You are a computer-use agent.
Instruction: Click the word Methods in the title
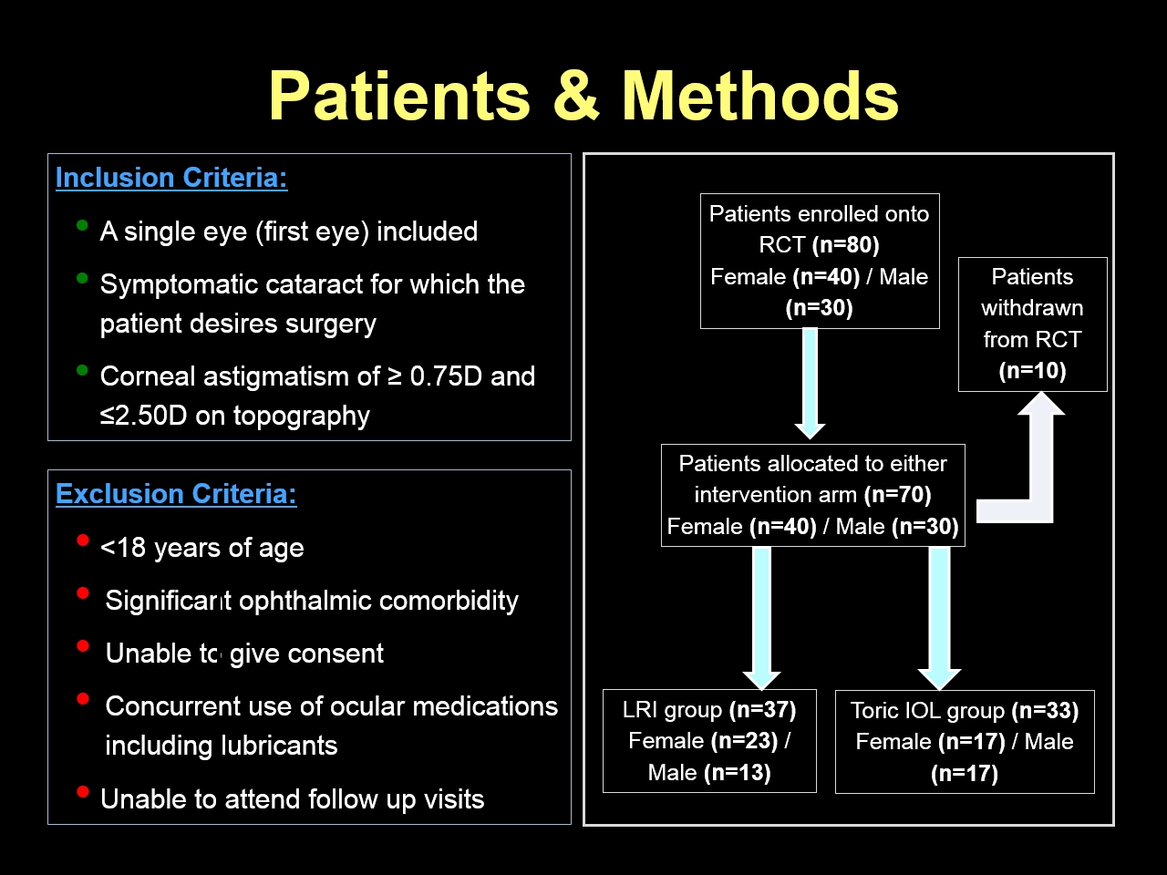point(759,95)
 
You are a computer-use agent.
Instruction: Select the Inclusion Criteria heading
point(171,178)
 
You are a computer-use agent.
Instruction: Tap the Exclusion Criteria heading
point(176,493)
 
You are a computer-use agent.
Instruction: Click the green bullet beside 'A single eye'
point(82,225)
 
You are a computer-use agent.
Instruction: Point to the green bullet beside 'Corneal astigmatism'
point(82,370)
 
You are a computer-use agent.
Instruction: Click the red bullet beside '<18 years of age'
point(82,540)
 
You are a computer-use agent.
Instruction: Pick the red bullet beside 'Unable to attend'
point(82,792)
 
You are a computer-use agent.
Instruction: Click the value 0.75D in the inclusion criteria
point(446,376)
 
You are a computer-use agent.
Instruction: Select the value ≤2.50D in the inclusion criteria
point(143,416)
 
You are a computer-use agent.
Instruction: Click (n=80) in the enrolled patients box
point(845,245)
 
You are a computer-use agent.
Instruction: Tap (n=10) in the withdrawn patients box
point(1032,371)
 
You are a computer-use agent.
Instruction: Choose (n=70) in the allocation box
point(897,495)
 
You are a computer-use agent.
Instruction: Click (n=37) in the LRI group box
point(762,710)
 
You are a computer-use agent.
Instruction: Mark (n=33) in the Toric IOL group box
point(1045,710)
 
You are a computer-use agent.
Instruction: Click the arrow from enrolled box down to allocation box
point(810,384)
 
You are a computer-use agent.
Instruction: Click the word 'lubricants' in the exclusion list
point(279,745)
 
